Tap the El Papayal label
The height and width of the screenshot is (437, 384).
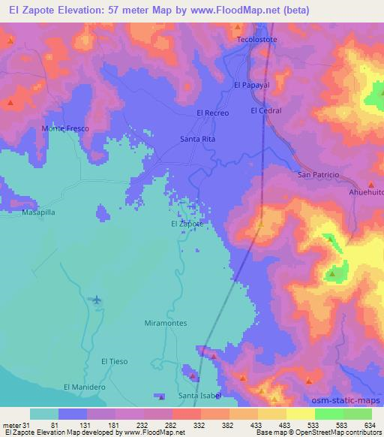(251, 86)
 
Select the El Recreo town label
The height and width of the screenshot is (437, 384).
(211, 112)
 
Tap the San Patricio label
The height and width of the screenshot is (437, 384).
(319, 174)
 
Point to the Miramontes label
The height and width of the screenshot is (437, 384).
(164, 323)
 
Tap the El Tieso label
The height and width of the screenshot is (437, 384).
(115, 361)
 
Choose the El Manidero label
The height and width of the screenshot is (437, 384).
(83, 387)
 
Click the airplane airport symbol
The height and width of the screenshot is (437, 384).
(97, 300)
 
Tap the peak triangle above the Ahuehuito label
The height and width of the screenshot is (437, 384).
(370, 184)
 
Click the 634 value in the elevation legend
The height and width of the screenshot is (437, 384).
(369, 425)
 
